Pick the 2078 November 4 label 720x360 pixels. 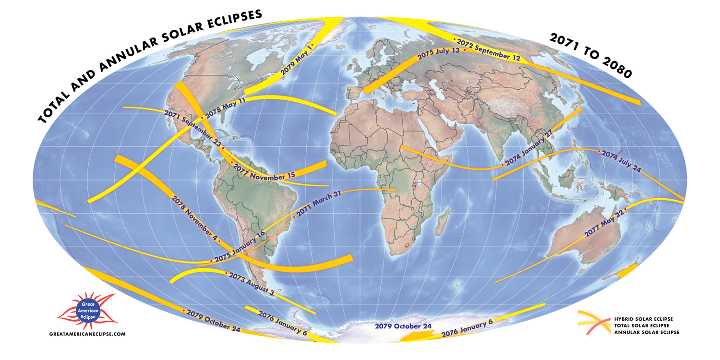194,219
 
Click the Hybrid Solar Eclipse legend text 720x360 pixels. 643,319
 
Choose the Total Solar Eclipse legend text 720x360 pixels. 643,325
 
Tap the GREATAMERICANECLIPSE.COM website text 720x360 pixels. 87,334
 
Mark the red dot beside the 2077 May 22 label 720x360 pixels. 625,209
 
